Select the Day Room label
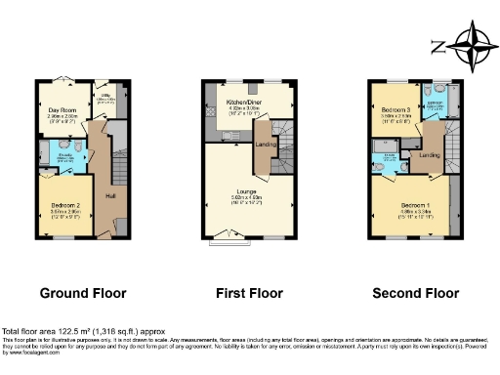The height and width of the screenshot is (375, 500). coord(62,110)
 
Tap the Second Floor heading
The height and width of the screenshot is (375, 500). coord(414,293)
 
